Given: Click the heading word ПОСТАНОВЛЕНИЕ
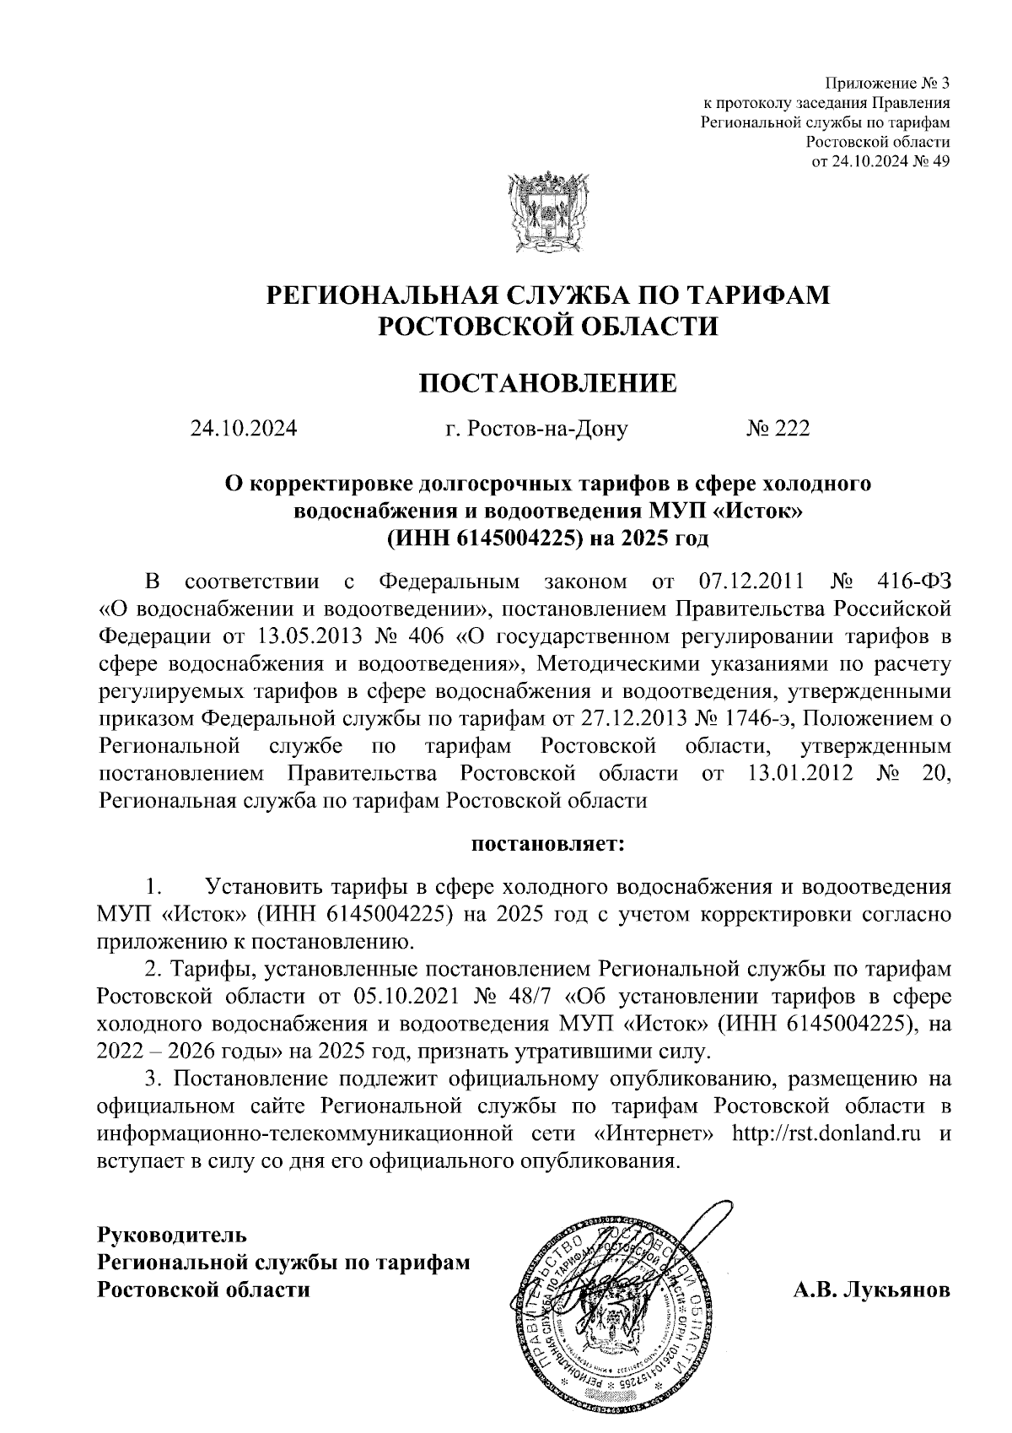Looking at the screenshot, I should pos(548,384).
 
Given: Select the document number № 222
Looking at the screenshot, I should pos(777,430).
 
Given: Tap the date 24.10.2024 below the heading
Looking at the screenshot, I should pos(244,430).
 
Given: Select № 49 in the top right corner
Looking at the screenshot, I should pos(932,162).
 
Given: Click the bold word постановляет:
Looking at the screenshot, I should pos(547,843).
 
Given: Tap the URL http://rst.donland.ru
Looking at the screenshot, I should pos(826,1133).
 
